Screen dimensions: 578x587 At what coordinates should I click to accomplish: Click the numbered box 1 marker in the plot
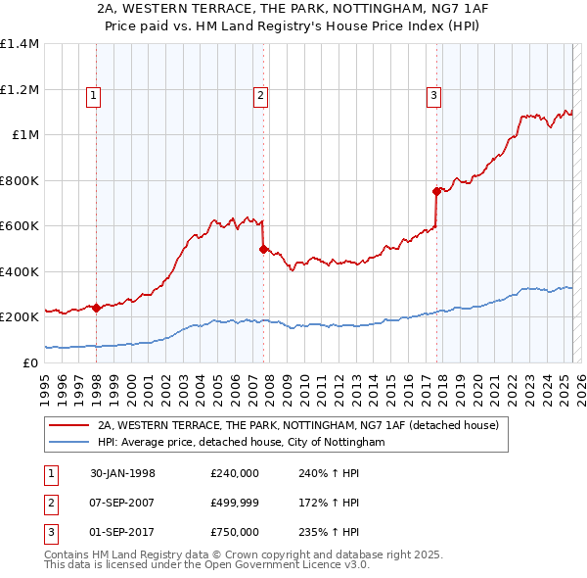pyautogui.click(x=93, y=95)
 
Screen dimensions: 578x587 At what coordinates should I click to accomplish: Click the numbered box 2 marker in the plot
pyautogui.click(x=261, y=95)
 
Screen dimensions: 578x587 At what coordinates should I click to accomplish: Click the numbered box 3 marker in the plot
pyautogui.click(x=432, y=95)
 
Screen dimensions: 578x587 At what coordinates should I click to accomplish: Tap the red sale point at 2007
pyautogui.click(x=263, y=249)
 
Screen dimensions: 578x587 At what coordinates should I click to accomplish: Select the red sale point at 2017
pyautogui.click(x=436, y=192)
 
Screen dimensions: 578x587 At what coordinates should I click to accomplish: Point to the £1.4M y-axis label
pyautogui.click(x=20, y=44)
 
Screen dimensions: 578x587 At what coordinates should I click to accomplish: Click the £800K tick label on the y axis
pyautogui.click(x=20, y=180)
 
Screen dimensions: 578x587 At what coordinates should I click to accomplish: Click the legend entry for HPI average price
pyautogui.click(x=242, y=443)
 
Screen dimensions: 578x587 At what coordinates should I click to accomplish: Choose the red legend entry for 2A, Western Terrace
pyautogui.click(x=298, y=425)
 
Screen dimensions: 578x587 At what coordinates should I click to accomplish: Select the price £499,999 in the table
pyautogui.click(x=235, y=503)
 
